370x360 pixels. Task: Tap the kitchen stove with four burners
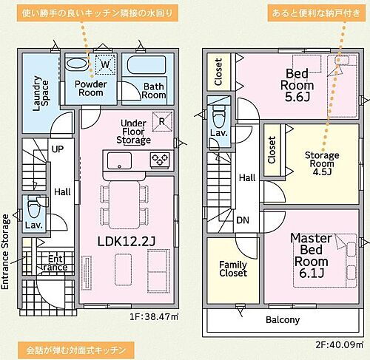(160, 158)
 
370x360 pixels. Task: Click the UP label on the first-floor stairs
(57, 149)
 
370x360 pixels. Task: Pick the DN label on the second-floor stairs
(243, 220)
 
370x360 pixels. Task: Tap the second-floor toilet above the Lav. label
(218, 114)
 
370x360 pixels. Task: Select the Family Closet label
(232, 270)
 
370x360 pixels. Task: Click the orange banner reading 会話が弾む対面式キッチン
(77, 348)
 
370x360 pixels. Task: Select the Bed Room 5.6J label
(302, 83)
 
